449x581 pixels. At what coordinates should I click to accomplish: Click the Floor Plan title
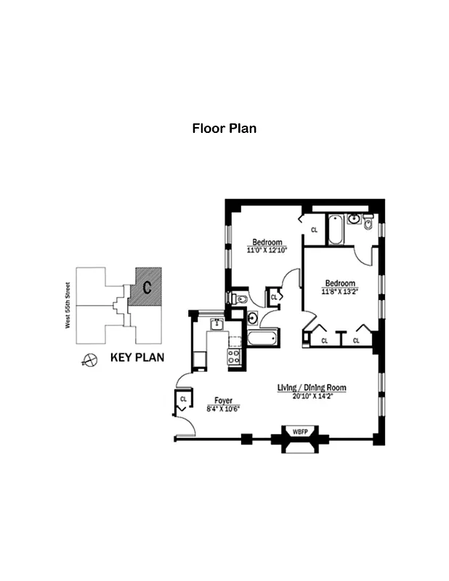224,129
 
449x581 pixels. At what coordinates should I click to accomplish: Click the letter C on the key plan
146,288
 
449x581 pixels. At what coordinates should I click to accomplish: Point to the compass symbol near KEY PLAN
91,359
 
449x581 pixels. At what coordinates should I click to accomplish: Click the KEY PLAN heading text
137,357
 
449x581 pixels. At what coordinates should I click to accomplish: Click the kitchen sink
216,323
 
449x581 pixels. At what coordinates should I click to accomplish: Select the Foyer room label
223,399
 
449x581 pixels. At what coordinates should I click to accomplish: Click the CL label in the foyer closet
183,399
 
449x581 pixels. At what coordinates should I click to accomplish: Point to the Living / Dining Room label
312,388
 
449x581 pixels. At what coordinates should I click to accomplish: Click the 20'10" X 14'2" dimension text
312,397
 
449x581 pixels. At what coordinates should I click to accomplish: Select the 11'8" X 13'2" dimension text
340,292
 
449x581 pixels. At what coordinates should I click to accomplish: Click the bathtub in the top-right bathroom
336,229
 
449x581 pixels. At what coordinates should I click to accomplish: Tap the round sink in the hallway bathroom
252,317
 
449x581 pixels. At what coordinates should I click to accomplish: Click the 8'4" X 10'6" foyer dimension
223,408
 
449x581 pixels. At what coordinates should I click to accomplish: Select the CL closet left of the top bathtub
314,229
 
